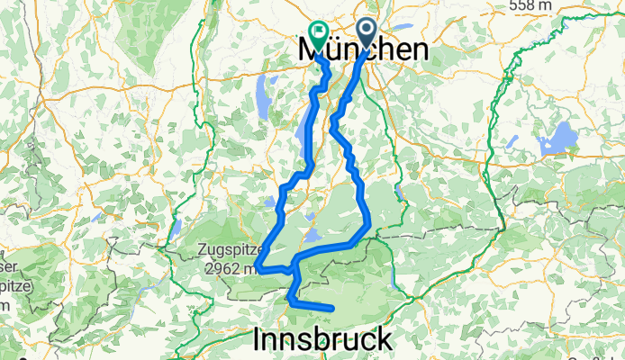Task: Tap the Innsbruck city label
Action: click(323, 339)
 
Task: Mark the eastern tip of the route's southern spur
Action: click(332, 310)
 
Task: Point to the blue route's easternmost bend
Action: click(368, 225)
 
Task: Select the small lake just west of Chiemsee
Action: click(512, 141)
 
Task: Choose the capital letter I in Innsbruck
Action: click(259, 339)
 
